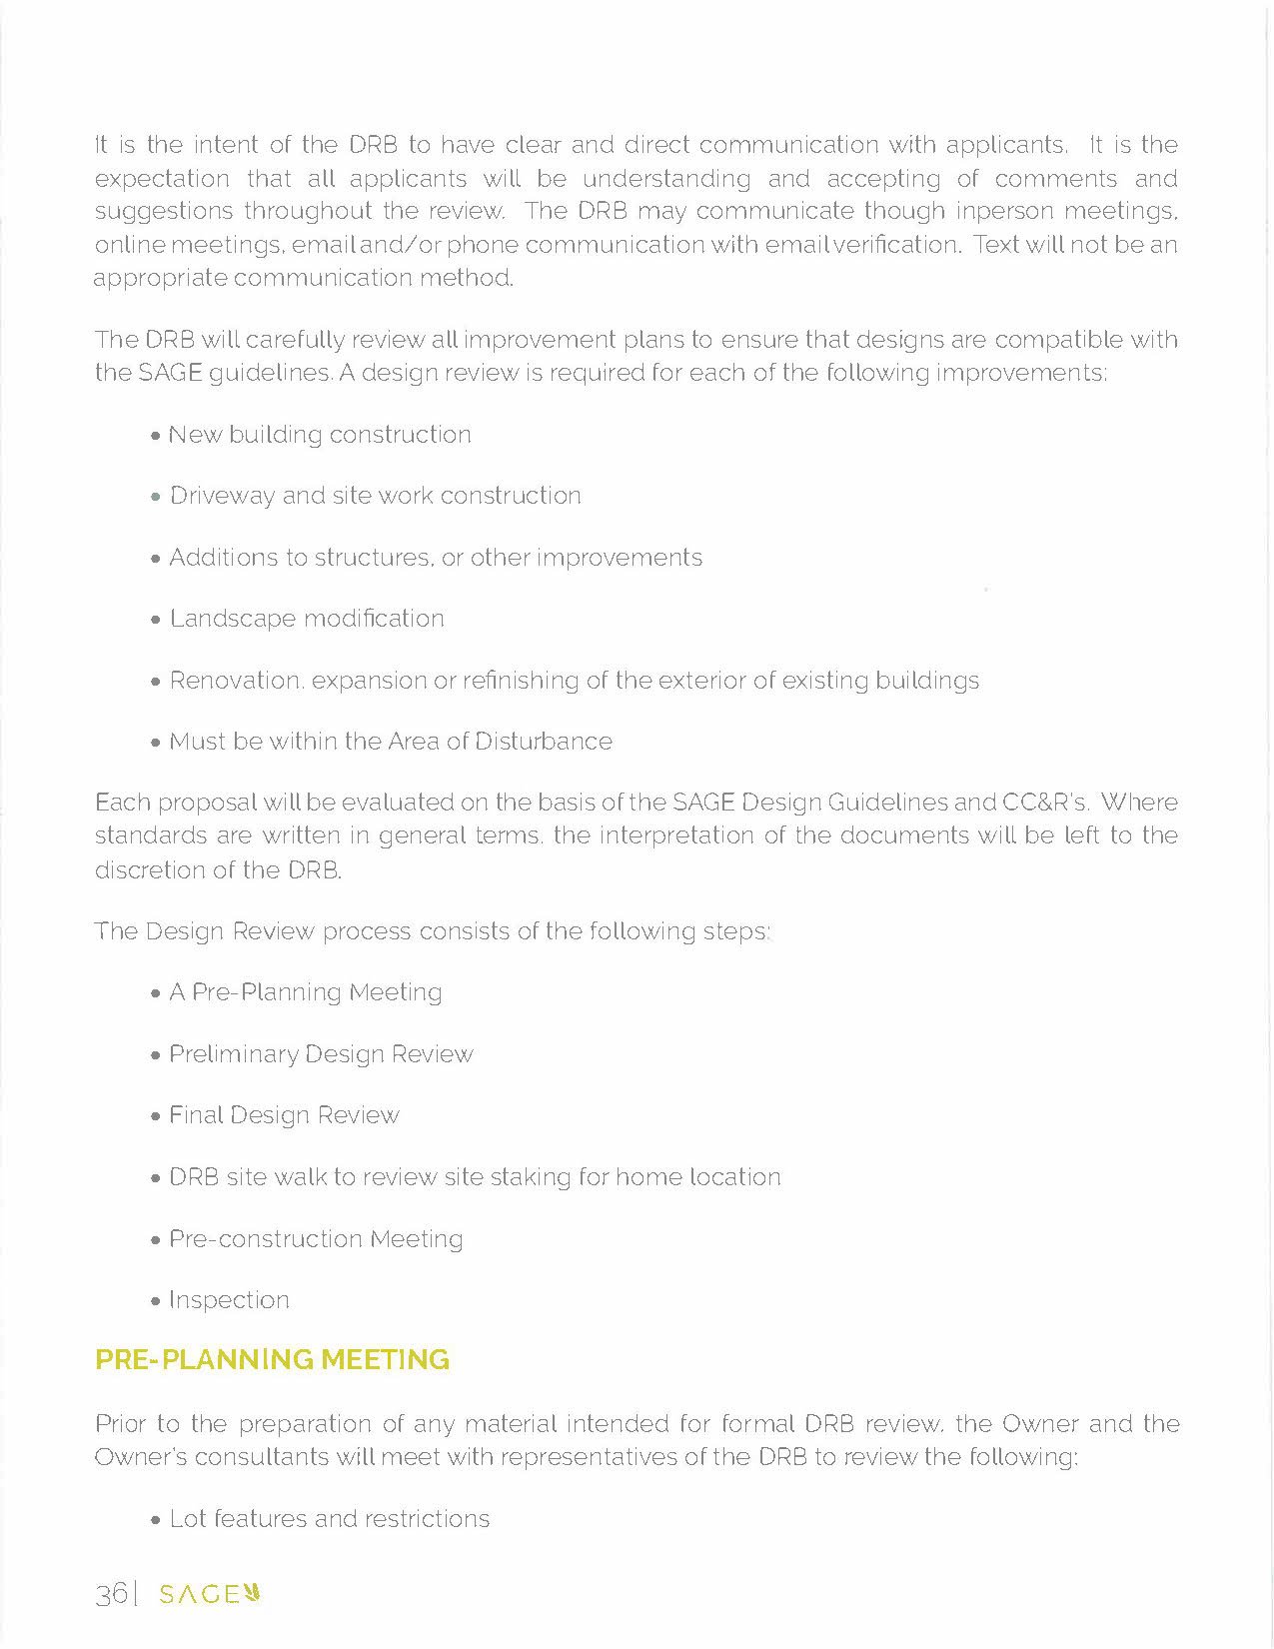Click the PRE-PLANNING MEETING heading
pyautogui.click(x=272, y=1360)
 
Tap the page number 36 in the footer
pyautogui.click(x=110, y=1594)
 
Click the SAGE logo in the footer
pyautogui.click(x=210, y=1594)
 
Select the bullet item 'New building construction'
pyautogui.click(x=320, y=435)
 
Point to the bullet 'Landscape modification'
pyautogui.click(x=307, y=619)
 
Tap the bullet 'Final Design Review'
pyautogui.click(x=284, y=1115)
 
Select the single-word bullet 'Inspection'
pyautogui.click(x=229, y=1300)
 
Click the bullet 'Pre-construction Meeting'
pyautogui.click(x=316, y=1239)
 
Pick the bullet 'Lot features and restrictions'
pyautogui.click(x=330, y=1519)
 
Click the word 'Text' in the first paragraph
pyautogui.click(x=996, y=245)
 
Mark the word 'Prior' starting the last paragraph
pyautogui.click(x=120, y=1423)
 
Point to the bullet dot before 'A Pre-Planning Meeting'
pyautogui.click(x=155, y=994)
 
